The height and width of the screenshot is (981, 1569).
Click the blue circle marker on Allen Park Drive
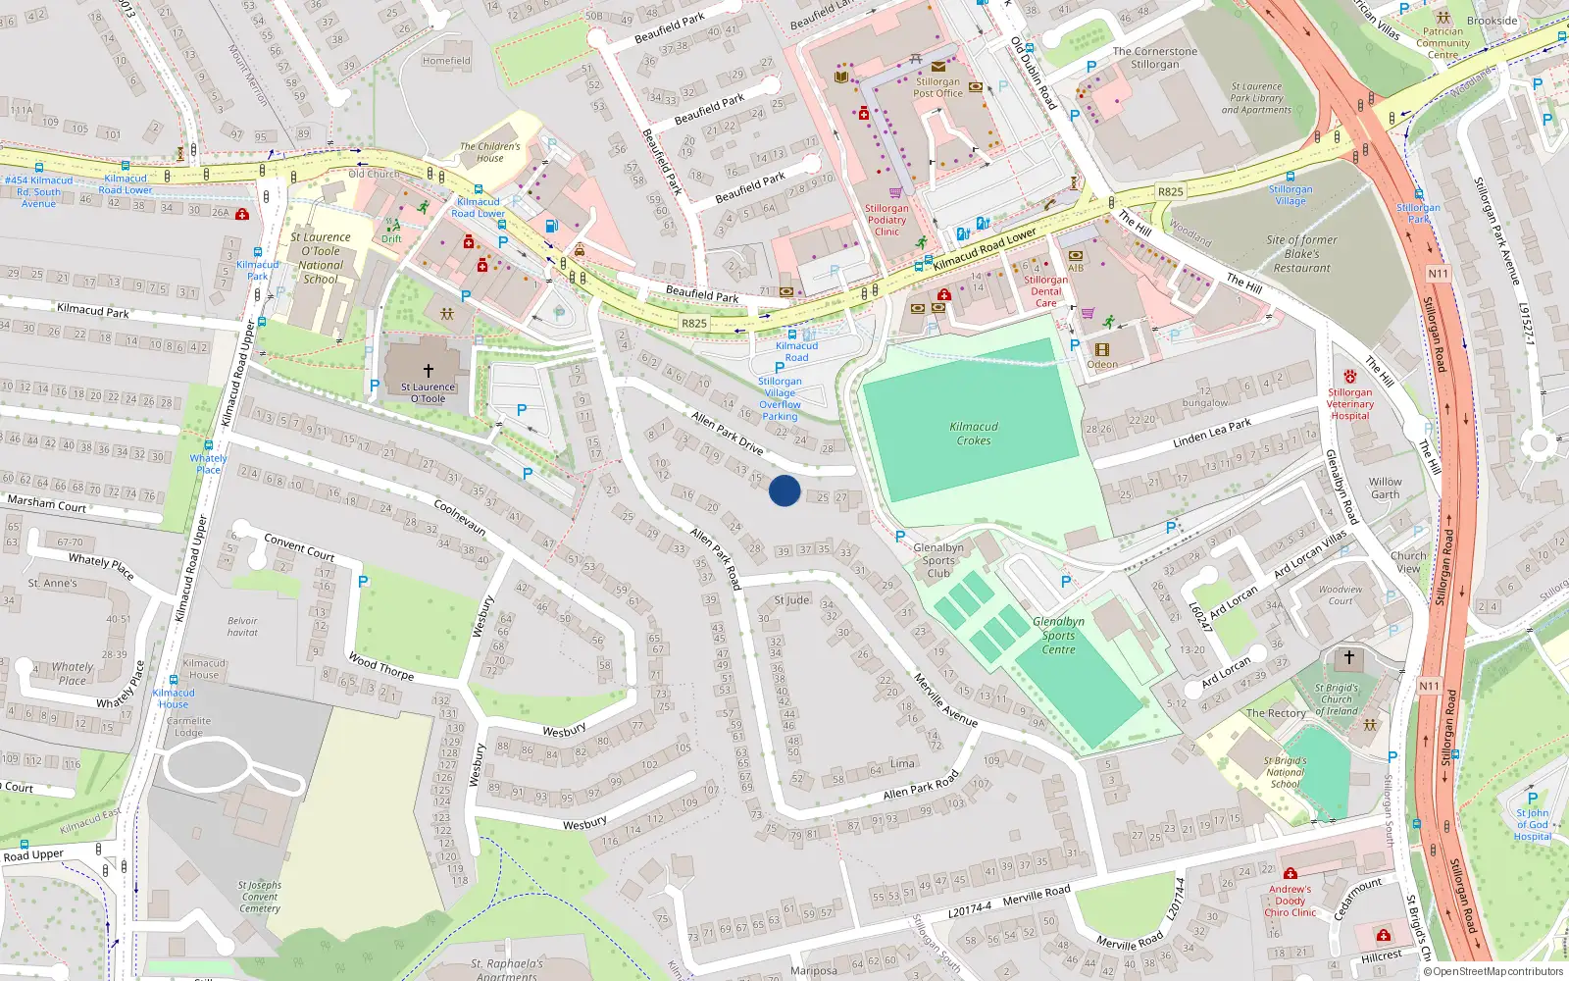coord(784,490)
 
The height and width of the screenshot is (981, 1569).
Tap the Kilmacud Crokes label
coord(974,434)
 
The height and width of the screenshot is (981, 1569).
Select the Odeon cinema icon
coord(1102,349)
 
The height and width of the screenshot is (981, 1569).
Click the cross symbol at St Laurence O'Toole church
coord(429,371)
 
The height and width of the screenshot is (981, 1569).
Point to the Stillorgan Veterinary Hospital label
coord(1350,404)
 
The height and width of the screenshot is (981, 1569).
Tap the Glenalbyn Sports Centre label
coord(1058,636)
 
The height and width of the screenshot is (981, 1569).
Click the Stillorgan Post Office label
coord(938,88)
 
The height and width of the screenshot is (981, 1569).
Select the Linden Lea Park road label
coord(1212,434)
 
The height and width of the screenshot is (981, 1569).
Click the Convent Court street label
coord(299,547)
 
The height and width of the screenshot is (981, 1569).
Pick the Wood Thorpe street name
coord(381,667)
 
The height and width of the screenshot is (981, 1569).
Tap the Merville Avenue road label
coord(945,699)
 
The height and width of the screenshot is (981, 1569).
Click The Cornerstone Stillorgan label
coord(1155,58)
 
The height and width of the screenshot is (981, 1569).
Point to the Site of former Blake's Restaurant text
coord(1301,254)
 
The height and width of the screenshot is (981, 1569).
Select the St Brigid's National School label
coord(1286,772)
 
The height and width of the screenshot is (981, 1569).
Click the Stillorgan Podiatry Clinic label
coord(886,220)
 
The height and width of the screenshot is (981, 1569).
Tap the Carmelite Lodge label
coord(188,727)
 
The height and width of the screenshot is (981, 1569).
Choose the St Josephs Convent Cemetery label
coord(260,897)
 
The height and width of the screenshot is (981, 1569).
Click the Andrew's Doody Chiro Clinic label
coord(1291,901)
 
